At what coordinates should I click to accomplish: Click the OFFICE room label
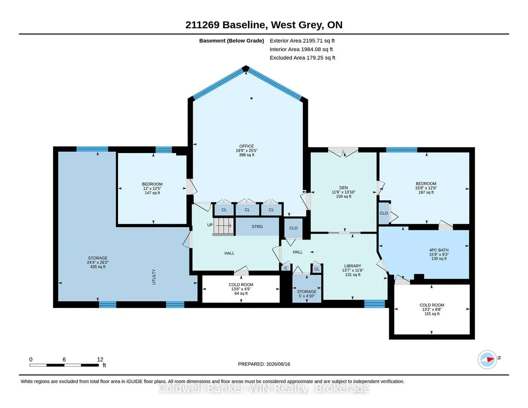(247, 146)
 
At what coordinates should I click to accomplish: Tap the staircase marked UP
(223, 226)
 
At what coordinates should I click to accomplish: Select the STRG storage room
(257, 227)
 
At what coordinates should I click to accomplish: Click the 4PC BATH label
(439, 250)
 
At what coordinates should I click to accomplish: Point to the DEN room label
(344, 188)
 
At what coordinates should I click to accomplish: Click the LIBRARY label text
(352, 266)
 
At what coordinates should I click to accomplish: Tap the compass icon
(487, 360)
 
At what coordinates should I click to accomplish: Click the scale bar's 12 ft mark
(100, 360)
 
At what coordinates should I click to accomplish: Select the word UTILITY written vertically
(154, 277)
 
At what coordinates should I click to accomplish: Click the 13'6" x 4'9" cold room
(241, 289)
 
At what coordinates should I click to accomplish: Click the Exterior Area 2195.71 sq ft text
(302, 41)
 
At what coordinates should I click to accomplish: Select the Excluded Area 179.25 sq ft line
(302, 58)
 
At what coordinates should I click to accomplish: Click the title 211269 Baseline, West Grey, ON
(264, 25)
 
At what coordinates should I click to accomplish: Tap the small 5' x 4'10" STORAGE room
(307, 289)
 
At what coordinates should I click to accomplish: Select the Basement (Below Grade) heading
(232, 41)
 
